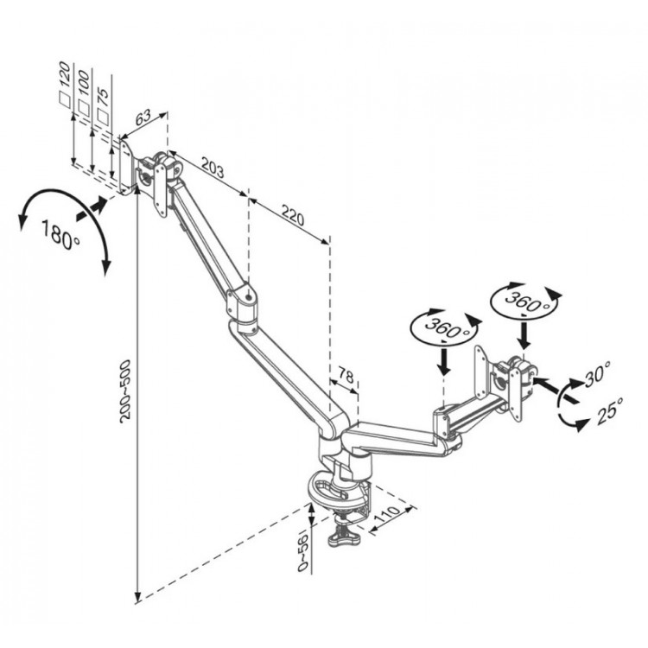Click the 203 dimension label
[213, 167]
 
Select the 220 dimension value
[293, 213]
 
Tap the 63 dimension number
[143, 118]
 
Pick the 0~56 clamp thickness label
[303, 553]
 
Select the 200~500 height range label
[124, 391]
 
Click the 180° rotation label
[60, 235]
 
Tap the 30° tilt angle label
[598, 373]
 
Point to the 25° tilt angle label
[610, 410]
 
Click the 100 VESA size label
[83, 84]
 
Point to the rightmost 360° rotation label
[525, 302]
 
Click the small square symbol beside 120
[65, 99]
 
